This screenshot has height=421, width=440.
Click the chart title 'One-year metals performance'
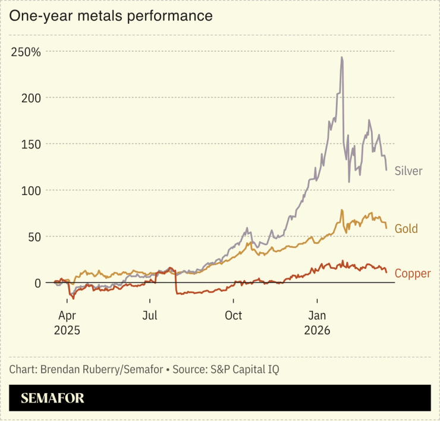tap(111, 16)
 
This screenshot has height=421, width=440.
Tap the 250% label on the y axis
tap(26, 52)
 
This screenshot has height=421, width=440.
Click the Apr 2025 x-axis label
tap(67, 322)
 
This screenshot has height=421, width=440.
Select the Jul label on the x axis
tap(150, 315)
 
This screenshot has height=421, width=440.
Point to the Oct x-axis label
tap(234, 315)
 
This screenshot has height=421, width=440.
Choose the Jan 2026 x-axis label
tap(317, 322)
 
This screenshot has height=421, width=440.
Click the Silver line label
tap(408, 171)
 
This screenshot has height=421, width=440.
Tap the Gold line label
tap(406, 229)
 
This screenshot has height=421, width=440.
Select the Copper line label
tap(412, 274)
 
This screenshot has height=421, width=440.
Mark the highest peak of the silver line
tap(341, 58)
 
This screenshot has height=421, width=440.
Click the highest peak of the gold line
tap(342, 210)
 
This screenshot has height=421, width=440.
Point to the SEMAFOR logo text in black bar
tap(52, 398)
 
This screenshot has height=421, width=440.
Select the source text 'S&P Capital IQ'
tap(244, 369)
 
